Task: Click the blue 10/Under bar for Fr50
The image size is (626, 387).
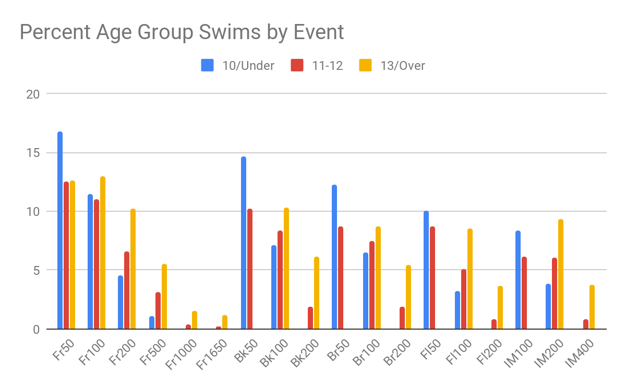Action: click(60, 231)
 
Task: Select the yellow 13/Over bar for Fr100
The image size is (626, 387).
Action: click(103, 253)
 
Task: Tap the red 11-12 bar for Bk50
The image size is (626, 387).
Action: click(250, 269)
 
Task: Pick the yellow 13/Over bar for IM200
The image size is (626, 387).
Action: click(561, 274)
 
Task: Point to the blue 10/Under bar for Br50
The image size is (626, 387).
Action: click(334, 257)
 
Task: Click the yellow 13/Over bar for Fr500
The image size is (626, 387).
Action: click(164, 297)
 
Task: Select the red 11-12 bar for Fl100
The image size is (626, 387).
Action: click(464, 299)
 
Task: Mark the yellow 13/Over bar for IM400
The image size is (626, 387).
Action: click(592, 307)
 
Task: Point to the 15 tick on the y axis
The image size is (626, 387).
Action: click(32, 153)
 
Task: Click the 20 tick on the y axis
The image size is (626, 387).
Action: click(32, 94)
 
